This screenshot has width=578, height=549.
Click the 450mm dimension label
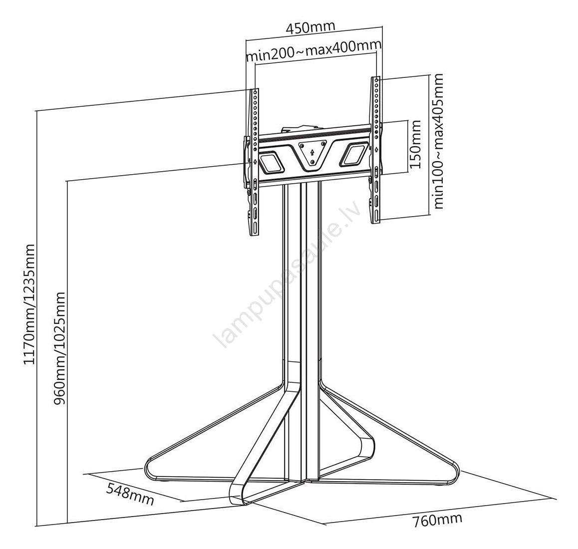point(310,27)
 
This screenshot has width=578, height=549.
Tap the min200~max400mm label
point(313,50)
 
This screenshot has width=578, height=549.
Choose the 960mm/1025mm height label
point(59,348)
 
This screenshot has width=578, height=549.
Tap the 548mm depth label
point(130,494)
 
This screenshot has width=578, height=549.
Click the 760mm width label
point(437,520)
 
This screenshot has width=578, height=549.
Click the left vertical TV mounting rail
point(255,162)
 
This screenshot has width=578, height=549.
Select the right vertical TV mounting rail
point(376,150)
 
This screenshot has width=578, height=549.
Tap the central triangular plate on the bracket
point(312,155)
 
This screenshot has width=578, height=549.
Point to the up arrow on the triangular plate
point(312,151)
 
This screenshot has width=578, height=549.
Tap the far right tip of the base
point(459,471)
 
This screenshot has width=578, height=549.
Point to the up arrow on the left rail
point(255,161)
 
